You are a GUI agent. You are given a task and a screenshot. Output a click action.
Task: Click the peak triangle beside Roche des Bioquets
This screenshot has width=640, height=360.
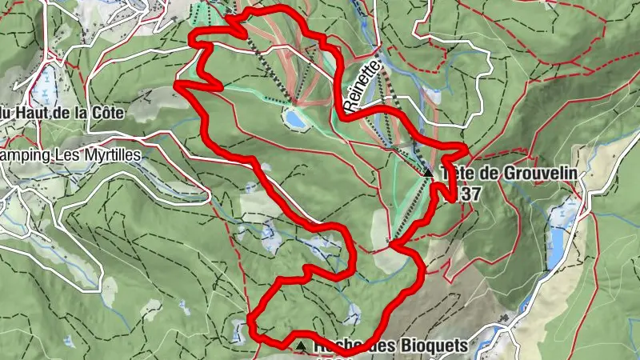(301, 346)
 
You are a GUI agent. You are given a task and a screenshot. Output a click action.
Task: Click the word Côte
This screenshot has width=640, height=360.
(106, 113)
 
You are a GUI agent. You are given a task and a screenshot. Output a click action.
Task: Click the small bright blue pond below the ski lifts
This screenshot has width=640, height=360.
(295, 120)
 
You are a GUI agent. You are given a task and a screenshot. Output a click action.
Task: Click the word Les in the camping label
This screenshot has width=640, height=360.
(63, 153)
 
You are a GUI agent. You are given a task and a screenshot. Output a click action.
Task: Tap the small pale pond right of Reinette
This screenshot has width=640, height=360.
(433, 96)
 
